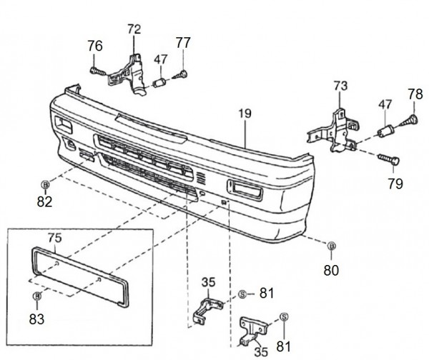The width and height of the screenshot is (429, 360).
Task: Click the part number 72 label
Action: (134, 29)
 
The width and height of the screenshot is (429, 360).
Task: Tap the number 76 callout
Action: (95, 46)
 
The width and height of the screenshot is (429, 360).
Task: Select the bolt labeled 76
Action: (97, 71)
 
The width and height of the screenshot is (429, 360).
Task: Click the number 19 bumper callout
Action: (245, 113)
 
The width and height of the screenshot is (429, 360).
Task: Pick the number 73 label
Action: (340, 86)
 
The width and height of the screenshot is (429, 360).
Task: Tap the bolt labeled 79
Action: (388, 159)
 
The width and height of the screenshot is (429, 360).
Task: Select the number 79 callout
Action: (395, 184)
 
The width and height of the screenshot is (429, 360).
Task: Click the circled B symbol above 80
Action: (331, 246)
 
